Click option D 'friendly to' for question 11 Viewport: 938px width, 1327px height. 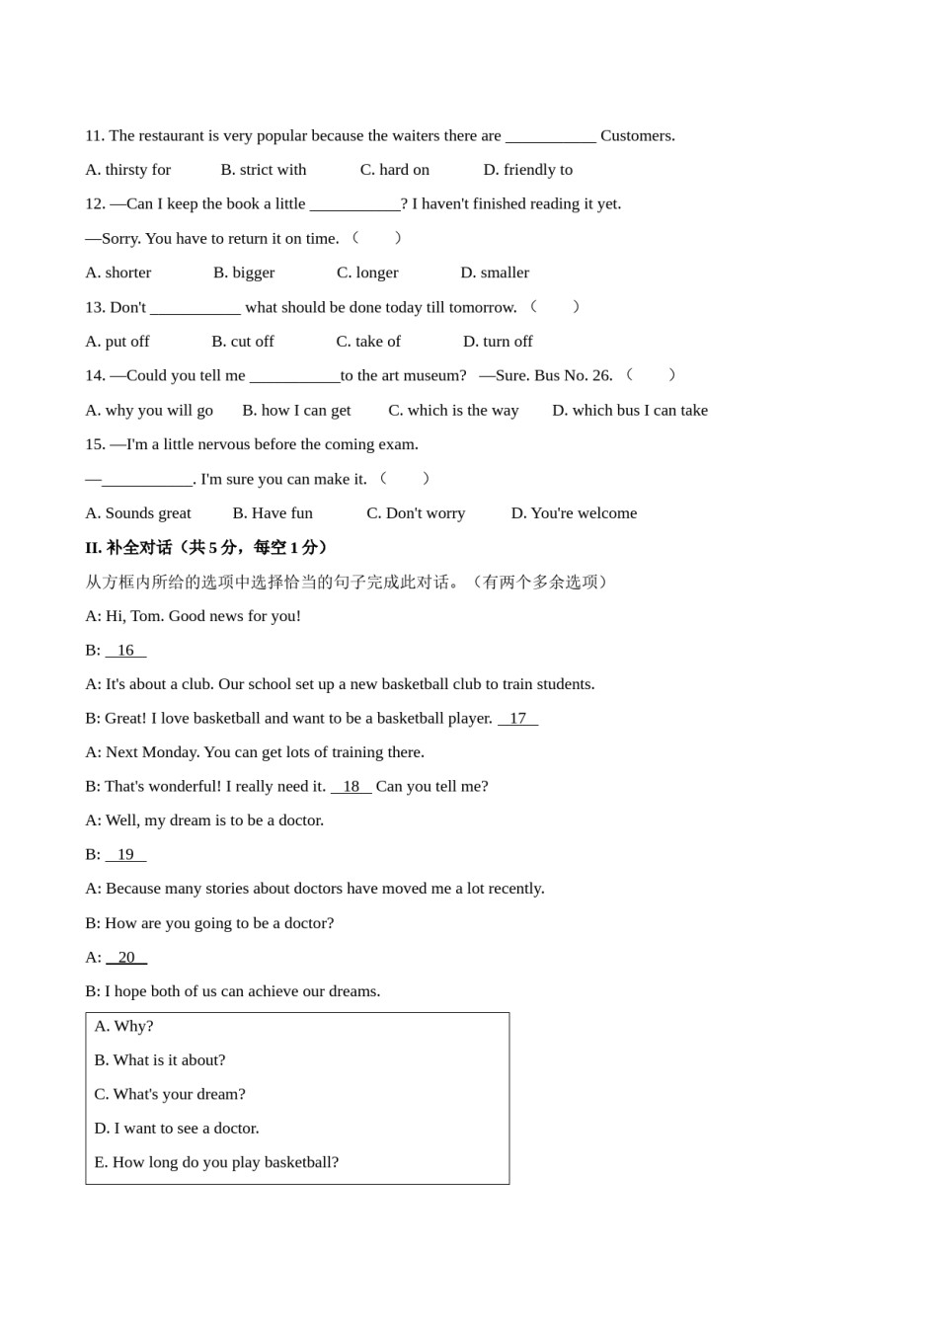point(527,170)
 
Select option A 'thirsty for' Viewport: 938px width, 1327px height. point(127,170)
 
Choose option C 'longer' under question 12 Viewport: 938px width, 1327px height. point(367,273)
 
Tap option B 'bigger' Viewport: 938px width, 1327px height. point(244,273)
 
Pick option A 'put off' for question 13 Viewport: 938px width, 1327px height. point(117,342)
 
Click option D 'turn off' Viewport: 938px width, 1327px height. point(498,342)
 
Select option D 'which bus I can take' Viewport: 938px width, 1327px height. point(630,410)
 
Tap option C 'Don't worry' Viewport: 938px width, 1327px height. point(416,513)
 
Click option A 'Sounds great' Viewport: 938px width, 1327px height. point(138,513)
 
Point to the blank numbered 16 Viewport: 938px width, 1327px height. point(125,650)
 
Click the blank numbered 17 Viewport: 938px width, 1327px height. point(517,718)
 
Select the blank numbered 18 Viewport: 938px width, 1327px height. point(351,786)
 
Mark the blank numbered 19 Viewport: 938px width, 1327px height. point(125,854)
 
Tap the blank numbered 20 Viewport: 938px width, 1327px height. point(126,957)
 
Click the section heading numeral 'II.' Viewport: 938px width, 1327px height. point(94,547)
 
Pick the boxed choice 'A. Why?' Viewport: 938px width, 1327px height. point(123,1026)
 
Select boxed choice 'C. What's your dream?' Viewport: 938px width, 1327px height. point(169,1094)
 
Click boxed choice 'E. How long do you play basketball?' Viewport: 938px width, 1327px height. point(215,1162)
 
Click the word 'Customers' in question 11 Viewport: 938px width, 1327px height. point(636,135)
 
